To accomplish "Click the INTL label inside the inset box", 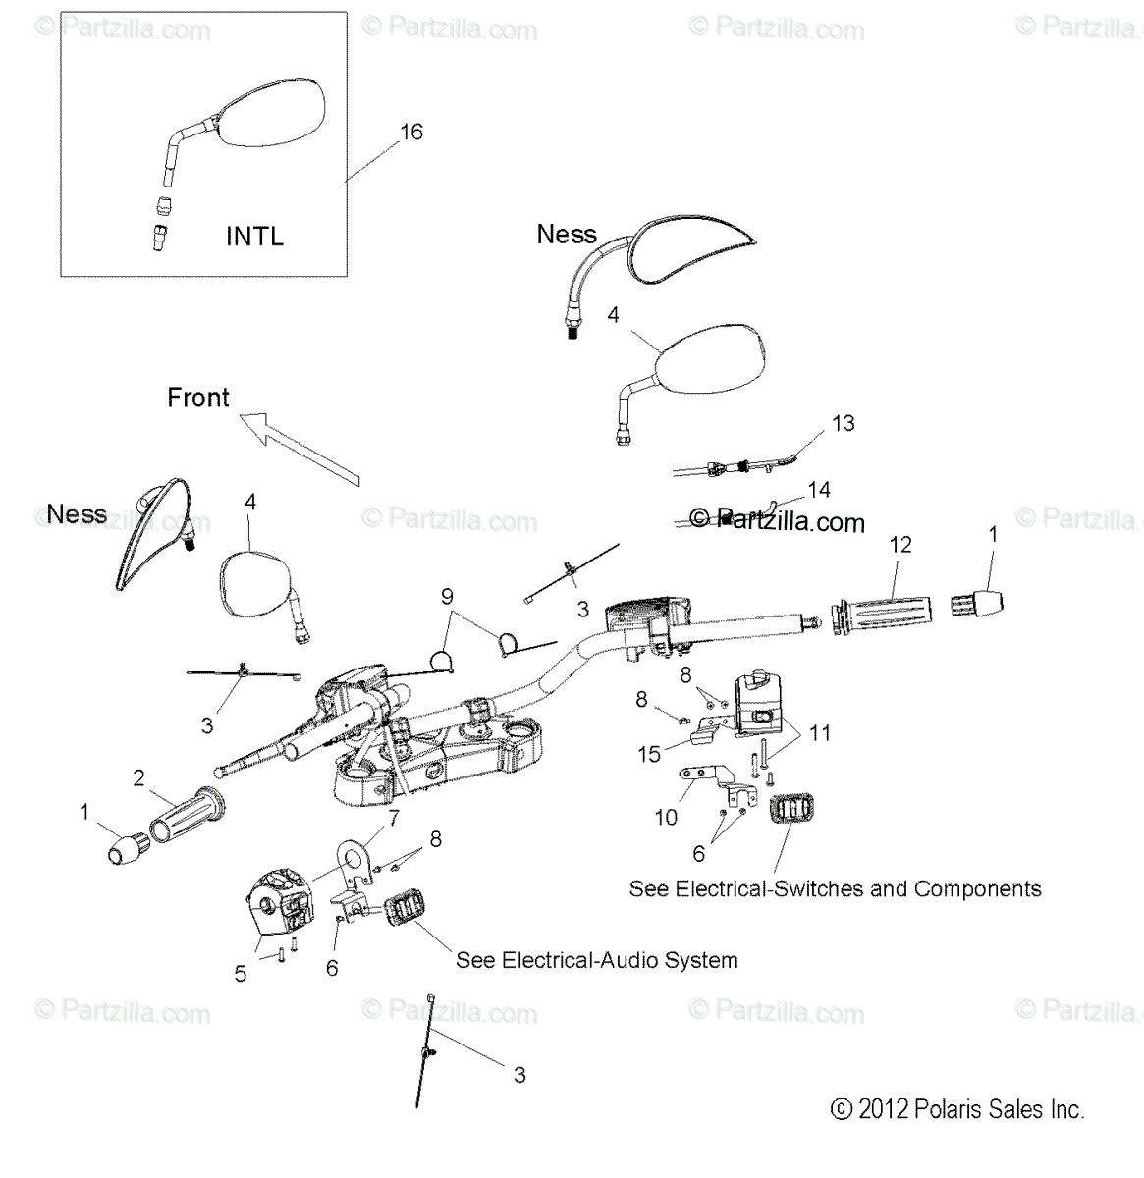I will click(x=254, y=237).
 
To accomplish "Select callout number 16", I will click(x=411, y=132).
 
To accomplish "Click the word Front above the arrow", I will click(x=198, y=398).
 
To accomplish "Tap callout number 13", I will click(x=843, y=423).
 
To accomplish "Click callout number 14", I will click(x=818, y=489).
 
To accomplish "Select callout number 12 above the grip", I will click(x=900, y=544).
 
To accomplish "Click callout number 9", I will click(x=447, y=596).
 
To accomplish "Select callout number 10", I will click(x=666, y=817).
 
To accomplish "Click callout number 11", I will click(x=820, y=732).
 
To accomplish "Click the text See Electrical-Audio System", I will click(x=596, y=960).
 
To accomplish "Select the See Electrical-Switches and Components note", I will click(x=835, y=889).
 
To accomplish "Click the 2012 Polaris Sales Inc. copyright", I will click(x=957, y=1110).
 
